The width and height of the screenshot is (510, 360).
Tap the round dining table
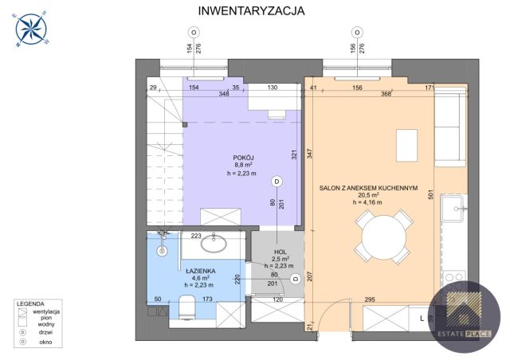383,238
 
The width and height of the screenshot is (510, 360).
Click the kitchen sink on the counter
459,212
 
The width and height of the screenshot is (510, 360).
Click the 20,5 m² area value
368,194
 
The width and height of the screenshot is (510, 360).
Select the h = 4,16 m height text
368,202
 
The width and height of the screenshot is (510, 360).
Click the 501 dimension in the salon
430,194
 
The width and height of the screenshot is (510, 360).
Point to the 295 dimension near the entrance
370,299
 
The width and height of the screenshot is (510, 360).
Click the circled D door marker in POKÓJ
277,182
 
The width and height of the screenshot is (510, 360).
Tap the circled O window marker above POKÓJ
192,32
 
